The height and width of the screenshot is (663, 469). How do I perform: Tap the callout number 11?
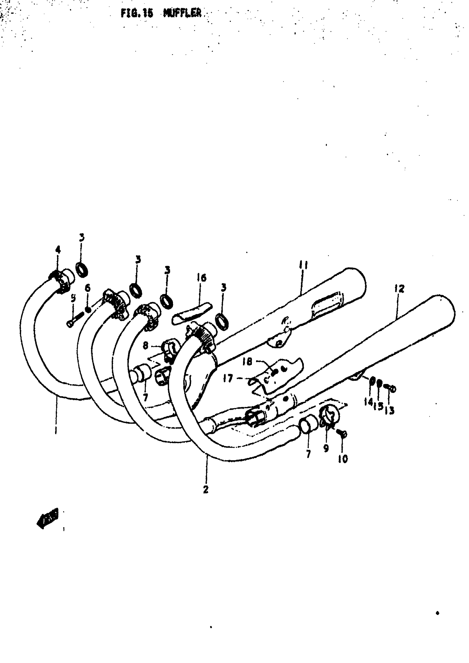(x=303, y=265)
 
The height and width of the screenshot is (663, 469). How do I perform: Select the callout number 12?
(x=400, y=288)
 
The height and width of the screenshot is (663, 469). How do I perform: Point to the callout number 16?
(x=202, y=278)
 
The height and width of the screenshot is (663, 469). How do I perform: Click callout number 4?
(x=58, y=250)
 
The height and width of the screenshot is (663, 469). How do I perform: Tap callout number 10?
(x=343, y=459)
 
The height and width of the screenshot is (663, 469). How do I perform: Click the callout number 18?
(x=247, y=362)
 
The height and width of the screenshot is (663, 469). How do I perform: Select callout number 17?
(x=228, y=378)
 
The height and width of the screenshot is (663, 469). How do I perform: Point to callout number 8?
(x=146, y=345)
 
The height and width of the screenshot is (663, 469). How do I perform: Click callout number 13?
(x=390, y=410)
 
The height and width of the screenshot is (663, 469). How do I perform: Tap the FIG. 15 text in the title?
(x=137, y=13)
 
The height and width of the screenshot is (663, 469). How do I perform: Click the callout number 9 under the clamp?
(x=326, y=448)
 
